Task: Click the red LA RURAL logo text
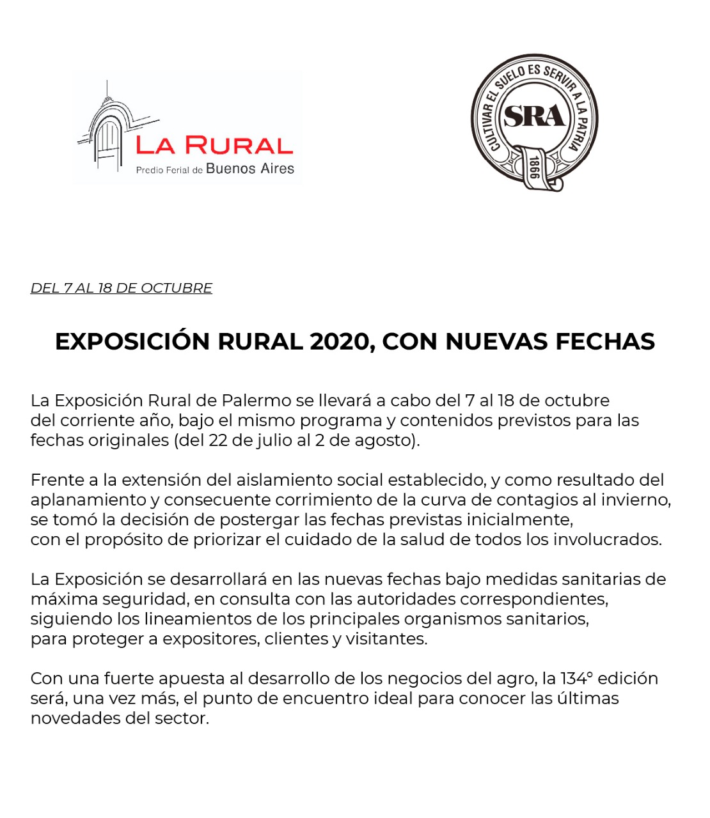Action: tap(214, 146)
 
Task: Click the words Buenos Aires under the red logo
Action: tap(250, 169)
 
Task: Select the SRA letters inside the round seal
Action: tap(534, 116)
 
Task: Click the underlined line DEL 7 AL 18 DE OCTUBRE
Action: tap(122, 288)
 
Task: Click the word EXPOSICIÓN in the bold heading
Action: tap(133, 342)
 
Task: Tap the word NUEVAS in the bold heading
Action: tap(496, 342)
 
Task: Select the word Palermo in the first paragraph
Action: tap(256, 401)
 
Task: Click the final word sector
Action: tap(182, 718)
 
